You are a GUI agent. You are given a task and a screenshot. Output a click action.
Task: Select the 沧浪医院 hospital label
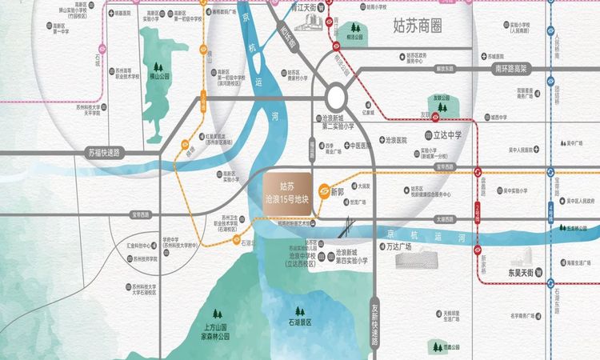[x=397, y=139]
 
